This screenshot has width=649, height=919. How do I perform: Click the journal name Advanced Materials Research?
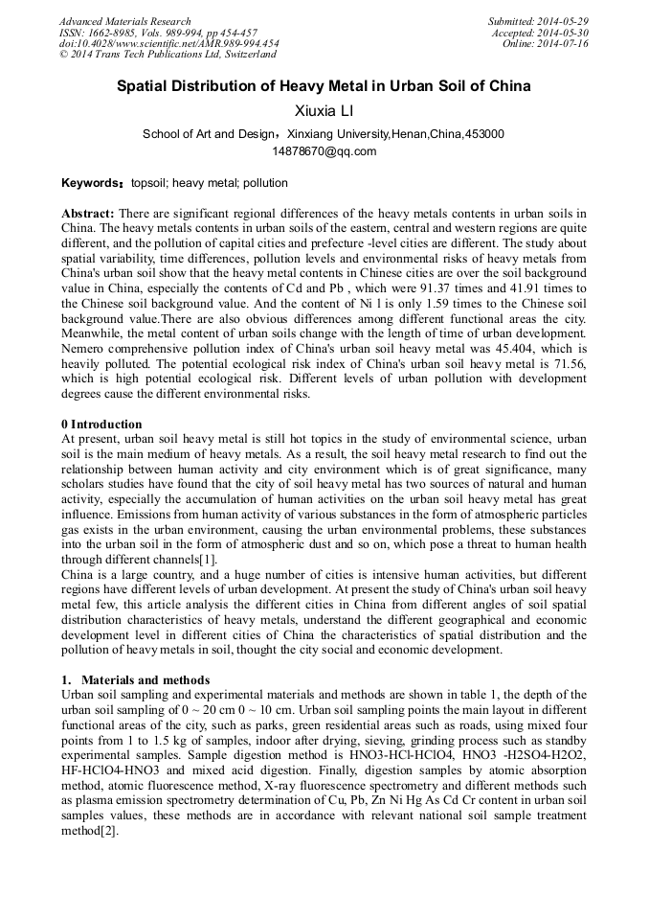(124, 21)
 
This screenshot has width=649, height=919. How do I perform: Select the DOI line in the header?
(168, 44)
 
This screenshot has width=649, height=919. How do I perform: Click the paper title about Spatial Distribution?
(324, 86)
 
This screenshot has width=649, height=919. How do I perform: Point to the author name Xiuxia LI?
(324, 112)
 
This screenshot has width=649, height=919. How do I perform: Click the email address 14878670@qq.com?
(324, 150)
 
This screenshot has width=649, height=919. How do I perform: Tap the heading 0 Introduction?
(101, 425)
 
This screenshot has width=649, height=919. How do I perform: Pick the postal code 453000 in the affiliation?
(484, 134)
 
